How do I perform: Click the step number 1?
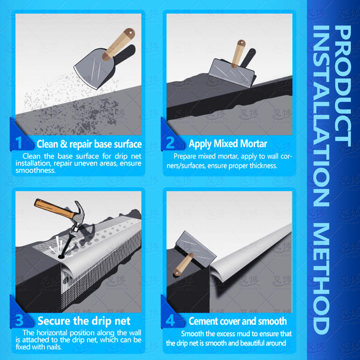click(19, 142)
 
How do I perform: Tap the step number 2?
click(170, 142)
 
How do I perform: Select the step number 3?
click(19, 320)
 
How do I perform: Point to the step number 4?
click(170, 320)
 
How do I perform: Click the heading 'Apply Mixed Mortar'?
click(228, 144)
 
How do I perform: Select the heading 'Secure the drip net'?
click(84, 321)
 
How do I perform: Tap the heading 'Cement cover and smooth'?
click(238, 321)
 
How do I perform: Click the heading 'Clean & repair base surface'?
click(89, 144)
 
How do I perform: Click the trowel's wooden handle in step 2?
click(238, 54)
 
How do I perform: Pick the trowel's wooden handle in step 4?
click(184, 264)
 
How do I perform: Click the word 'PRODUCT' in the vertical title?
click(343, 86)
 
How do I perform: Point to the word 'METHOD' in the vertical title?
click(321, 278)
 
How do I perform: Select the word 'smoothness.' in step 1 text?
click(36, 170)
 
